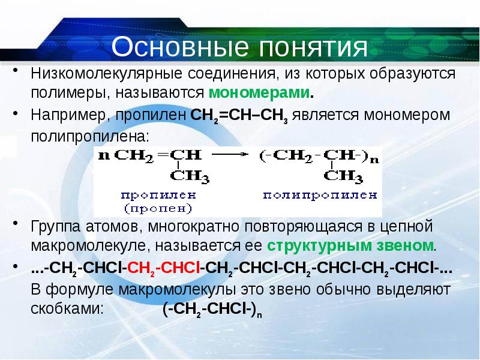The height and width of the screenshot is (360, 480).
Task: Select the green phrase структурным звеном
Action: [x=351, y=246]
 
